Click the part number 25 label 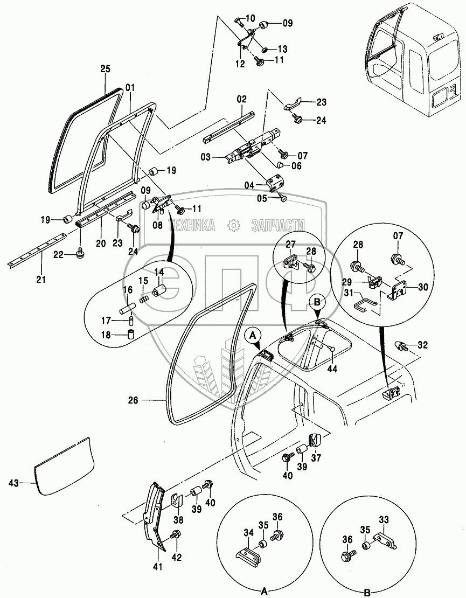[x=106, y=69]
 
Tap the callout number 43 [x=13, y=483]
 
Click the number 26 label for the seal [x=133, y=400]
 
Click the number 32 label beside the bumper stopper [x=422, y=345]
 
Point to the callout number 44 [x=332, y=369]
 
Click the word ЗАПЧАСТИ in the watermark [x=278, y=226]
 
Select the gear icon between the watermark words [x=233, y=226]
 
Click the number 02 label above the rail [x=242, y=99]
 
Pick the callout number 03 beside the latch [x=206, y=157]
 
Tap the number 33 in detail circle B [x=384, y=519]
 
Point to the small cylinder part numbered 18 [x=132, y=335]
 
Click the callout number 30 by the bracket [x=423, y=288]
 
